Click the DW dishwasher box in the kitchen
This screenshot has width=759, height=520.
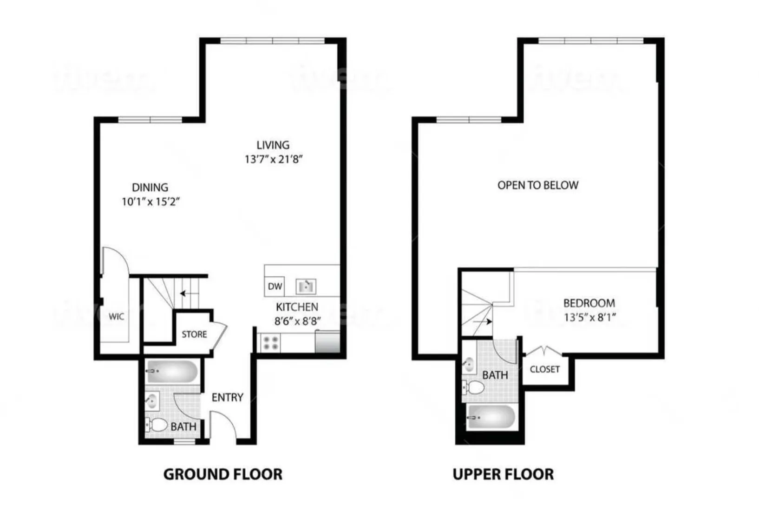click(x=275, y=286)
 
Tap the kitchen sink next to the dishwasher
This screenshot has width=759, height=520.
click(x=306, y=286)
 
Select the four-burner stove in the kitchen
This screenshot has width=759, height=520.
click(x=271, y=343)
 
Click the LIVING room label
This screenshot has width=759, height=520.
click(x=273, y=145)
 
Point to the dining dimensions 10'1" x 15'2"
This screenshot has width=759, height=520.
click(x=150, y=202)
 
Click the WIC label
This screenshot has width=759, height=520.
click(x=116, y=317)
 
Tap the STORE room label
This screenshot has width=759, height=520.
click(x=194, y=334)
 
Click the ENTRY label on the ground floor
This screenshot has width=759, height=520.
click(x=227, y=398)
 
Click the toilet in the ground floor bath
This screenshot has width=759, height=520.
click(x=157, y=425)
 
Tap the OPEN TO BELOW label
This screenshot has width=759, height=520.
click(x=538, y=185)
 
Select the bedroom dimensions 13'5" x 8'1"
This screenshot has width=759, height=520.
click(x=589, y=318)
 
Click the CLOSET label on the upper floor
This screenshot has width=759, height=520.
click(x=544, y=369)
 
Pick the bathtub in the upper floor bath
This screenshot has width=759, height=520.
click(x=491, y=417)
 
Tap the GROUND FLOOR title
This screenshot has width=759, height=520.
click(x=222, y=474)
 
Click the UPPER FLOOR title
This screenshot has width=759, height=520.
click(x=503, y=474)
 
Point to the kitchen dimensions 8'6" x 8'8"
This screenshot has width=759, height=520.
click(x=297, y=321)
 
